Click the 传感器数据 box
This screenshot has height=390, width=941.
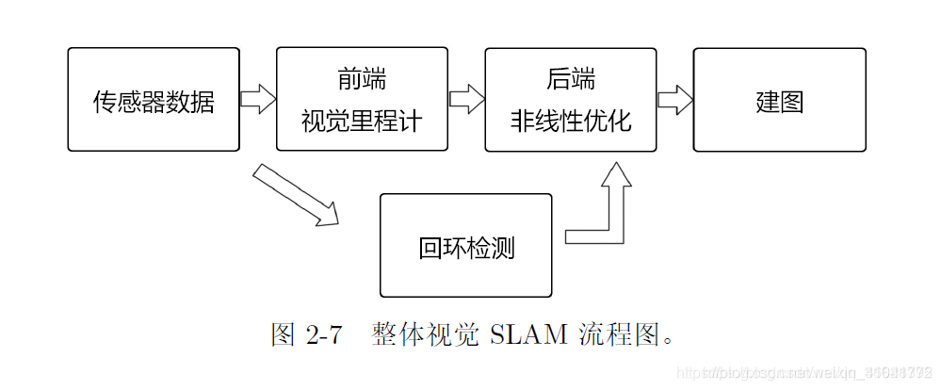[x=154, y=99]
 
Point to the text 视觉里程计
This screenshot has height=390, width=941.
[x=362, y=122]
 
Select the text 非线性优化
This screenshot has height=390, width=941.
[x=571, y=122]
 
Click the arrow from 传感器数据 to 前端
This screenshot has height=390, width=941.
[x=257, y=98]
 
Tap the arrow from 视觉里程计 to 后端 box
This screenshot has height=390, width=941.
[x=466, y=98]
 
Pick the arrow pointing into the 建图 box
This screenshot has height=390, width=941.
[x=674, y=98]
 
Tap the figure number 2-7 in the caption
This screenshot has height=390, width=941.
[x=323, y=334]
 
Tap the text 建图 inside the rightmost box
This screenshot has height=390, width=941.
[x=779, y=101]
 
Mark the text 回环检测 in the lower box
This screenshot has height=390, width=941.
[x=465, y=248]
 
